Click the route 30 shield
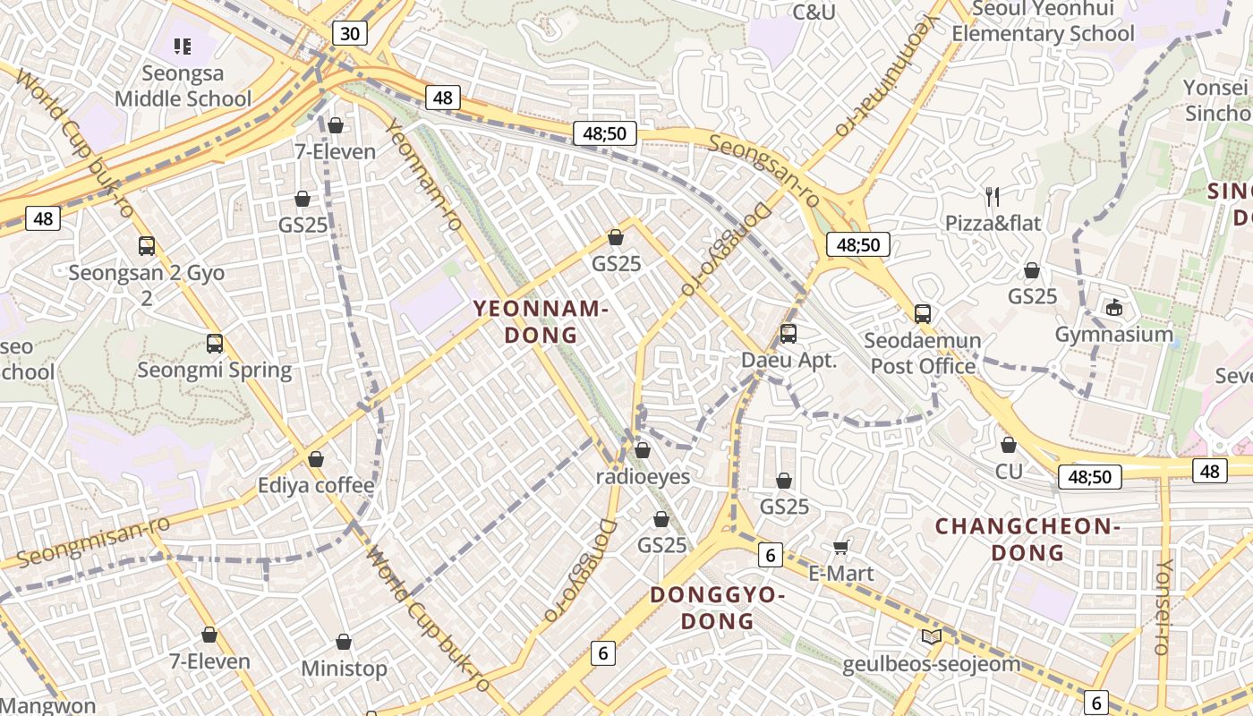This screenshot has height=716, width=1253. tap(350, 34)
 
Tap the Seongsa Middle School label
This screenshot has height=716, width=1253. tap(183, 86)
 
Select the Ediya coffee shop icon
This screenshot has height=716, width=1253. tap(316, 459)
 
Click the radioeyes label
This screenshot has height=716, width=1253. tap(643, 476)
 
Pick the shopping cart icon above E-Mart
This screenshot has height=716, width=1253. tap(840, 547)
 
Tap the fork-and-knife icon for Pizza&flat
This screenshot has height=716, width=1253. tap(992, 196)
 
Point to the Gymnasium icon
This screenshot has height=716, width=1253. tap(1113, 308)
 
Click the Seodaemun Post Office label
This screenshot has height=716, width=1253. tap(922, 354)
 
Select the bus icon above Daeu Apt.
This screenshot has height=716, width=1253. tap(788, 333)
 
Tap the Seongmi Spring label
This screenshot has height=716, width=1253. tap(215, 370)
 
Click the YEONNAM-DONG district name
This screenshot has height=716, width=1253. tap(541, 322)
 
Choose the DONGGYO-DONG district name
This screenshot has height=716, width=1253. tap(717, 608)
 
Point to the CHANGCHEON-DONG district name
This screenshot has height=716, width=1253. tap(1027, 539)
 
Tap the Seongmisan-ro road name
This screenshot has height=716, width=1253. tap(93, 541)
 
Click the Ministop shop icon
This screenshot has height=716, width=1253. tap(344, 643)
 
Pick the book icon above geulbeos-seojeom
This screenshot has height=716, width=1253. tap(932, 636)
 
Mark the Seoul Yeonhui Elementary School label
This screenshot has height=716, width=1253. tap(1043, 21)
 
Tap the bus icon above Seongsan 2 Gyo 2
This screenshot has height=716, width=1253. tap(147, 246)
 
